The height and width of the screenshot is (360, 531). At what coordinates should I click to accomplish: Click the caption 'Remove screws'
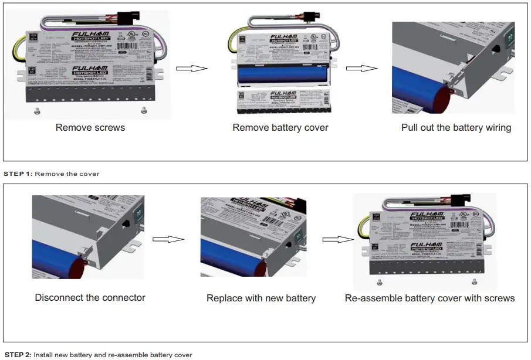90,127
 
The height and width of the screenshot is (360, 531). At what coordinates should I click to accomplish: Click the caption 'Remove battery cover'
280,127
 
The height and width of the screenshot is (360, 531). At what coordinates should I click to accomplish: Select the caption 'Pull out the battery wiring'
456,127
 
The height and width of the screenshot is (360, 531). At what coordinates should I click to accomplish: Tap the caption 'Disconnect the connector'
90,297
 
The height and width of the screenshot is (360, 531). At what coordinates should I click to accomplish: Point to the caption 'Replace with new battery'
261,298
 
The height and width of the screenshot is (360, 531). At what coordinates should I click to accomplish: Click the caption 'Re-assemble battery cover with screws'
429,298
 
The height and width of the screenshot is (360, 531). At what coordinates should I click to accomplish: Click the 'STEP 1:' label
18,174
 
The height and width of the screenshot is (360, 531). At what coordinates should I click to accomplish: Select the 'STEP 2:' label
18,355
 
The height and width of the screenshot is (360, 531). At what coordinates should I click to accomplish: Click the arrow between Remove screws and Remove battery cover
192,68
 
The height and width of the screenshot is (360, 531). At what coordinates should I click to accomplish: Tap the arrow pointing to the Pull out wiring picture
361,68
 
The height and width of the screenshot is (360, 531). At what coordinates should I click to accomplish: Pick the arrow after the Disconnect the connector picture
168,239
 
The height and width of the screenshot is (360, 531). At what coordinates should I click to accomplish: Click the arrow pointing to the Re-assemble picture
338,239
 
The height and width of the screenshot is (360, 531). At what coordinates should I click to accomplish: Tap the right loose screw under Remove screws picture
144,110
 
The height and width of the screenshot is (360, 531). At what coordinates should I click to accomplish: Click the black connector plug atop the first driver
127,18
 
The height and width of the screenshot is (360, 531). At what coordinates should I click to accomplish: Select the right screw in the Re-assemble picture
474,281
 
